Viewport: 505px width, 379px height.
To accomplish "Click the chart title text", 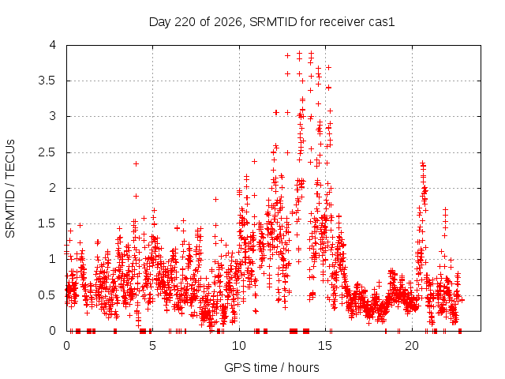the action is tap(271, 22).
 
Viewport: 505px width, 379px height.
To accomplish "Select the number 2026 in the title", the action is tap(228, 22).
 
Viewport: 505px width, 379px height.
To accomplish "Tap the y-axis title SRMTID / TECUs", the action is tap(10, 189).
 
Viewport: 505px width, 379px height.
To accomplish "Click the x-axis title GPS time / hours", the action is tap(271, 367).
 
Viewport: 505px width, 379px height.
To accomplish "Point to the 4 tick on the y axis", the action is tap(53, 45).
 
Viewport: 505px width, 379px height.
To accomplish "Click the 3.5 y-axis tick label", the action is tap(47, 81).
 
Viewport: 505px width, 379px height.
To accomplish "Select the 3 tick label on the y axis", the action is tap(53, 116).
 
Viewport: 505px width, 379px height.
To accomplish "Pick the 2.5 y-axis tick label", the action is tap(47, 152).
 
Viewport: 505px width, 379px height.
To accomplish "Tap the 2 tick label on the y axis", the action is tap(53, 188).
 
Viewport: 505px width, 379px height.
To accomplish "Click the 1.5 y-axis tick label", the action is tap(47, 223).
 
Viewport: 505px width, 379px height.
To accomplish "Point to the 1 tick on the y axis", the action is tap(53, 259).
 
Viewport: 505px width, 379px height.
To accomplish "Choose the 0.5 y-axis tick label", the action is tap(47, 295).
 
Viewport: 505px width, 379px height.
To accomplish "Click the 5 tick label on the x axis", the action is tap(152, 346).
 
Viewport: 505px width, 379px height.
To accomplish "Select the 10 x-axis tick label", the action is tap(239, 346).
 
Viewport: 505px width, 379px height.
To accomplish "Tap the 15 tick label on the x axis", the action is tap(325, 346).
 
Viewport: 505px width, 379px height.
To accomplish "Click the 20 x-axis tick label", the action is tap(412, 346).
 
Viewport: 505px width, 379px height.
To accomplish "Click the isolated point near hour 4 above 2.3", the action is tap(136, 163).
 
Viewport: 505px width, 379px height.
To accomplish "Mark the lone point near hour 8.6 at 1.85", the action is tap(215, 200).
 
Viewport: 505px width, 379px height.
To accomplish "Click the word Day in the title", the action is tap(159, 22).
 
